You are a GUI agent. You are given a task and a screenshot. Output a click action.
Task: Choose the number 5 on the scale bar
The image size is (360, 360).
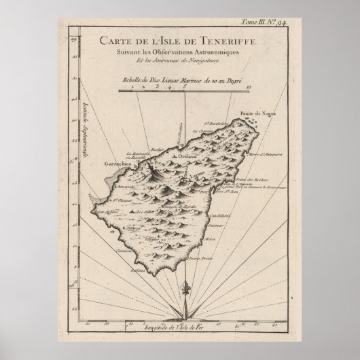(184, 86)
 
